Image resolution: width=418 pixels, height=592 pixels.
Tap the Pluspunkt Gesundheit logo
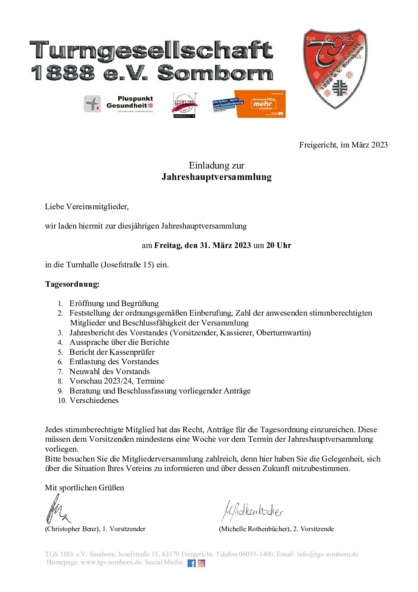(x=118, y=104)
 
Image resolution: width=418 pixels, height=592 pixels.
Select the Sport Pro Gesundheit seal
(x=185, y=105)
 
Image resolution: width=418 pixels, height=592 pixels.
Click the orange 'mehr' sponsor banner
(x=261, y=104)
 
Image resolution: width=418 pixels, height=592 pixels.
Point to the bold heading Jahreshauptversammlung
(x=217, y=177)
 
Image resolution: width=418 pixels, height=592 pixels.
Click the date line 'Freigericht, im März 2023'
(x=343, y=145)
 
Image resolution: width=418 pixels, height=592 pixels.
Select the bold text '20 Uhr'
(x=279, y=245)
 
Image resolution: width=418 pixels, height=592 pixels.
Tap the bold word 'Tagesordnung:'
(x=72, y=284)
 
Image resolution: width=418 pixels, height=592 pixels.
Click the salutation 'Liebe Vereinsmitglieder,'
(x=87, y=206)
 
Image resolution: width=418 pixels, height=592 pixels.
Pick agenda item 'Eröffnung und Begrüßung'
(x=114, y=303)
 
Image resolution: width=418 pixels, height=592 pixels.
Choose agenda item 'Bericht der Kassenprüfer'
(x=112, y=352)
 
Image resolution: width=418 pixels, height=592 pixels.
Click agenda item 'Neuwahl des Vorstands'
(x=109, y=371)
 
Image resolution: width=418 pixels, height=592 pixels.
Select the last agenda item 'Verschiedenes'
(x=94, y=400)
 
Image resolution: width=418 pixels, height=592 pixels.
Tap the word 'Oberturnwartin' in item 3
(x=283, y=333)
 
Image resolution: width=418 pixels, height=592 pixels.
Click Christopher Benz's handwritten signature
(x=57, y=510)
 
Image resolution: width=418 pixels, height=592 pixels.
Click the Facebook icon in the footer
(x=192, y=563)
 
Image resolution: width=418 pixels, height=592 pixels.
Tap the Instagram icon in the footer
(x=201, y=563)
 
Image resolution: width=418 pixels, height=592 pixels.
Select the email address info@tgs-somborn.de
(x=328, y=554)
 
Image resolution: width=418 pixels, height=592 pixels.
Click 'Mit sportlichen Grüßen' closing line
(x=85, y=488)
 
